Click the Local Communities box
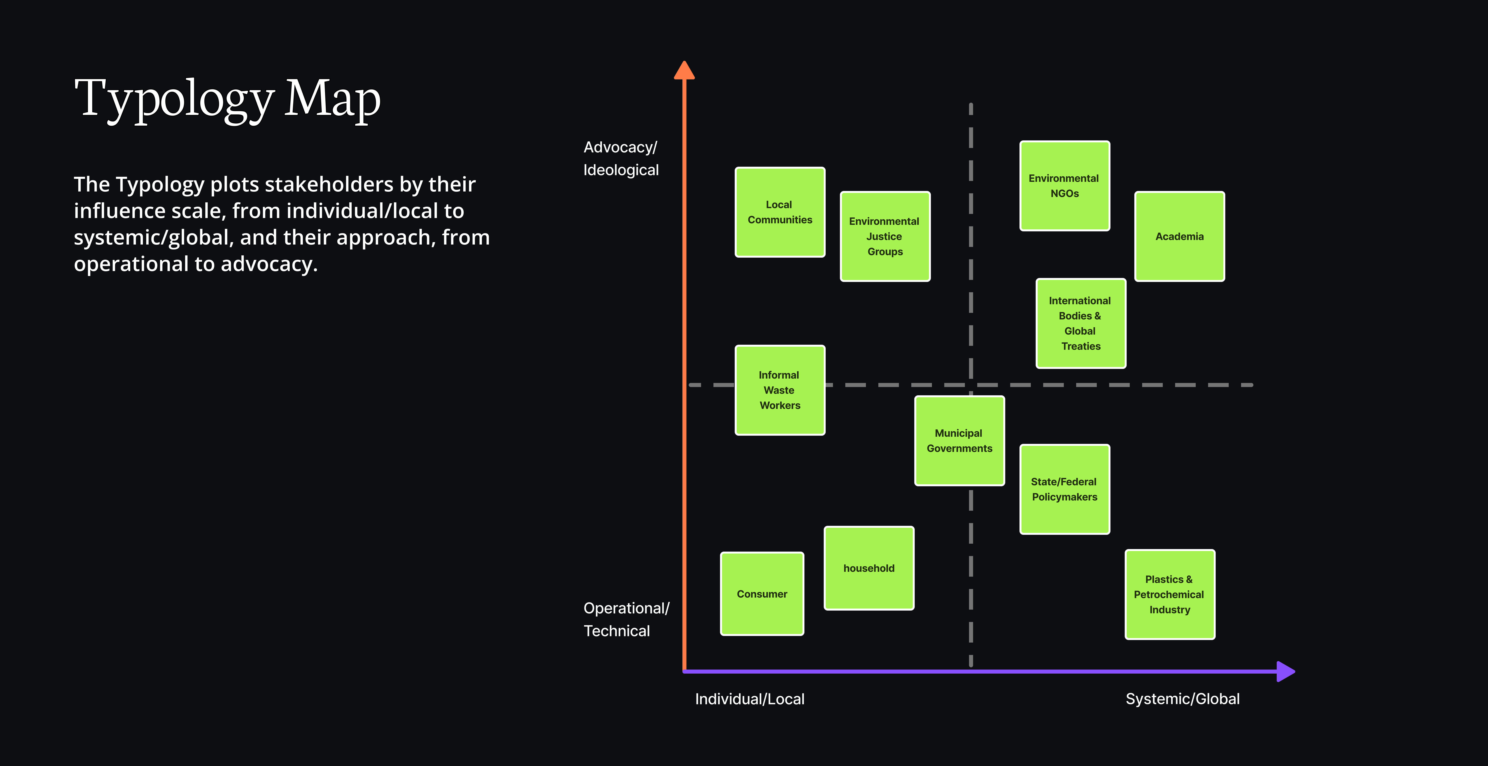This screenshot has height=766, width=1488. click(780, 212)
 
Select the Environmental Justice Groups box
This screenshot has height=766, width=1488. click(885, 236)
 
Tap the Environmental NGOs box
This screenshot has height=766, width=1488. click(1065, 185)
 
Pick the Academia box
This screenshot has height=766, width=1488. click(1180, 236)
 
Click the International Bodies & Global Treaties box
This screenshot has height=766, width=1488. click(1081, 323)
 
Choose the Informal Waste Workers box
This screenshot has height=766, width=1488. click(780, 390)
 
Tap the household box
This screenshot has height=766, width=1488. click(869, 568)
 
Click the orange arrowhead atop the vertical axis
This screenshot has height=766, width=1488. click(685, 71)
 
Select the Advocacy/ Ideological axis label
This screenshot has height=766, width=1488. click(621, 158)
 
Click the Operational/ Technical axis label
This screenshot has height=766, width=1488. click(626, 619)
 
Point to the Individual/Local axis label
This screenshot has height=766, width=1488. click(749, 699)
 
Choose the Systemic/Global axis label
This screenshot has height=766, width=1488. click(1182, 699)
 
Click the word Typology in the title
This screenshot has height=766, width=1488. click(174, 99)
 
